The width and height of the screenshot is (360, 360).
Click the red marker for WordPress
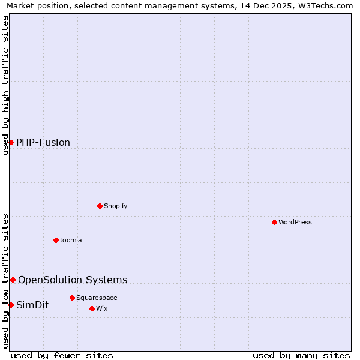274,222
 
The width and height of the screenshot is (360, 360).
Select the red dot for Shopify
100,206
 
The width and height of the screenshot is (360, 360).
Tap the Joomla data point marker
56,240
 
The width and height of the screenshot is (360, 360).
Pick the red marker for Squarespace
72,298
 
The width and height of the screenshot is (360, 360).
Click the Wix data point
92,308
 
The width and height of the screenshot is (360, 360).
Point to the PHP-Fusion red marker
11,142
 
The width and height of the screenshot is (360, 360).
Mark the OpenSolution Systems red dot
13,280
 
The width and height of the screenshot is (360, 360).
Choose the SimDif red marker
11,305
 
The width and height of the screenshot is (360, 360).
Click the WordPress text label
295,222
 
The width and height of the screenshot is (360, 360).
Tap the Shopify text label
115,206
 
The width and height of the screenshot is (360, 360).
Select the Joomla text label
71,240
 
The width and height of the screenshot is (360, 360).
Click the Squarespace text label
97,298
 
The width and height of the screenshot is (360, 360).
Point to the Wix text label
101,308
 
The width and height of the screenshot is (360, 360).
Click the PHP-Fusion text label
43,142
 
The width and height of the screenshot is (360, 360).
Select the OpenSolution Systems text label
73,280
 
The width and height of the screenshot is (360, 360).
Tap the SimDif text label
32,305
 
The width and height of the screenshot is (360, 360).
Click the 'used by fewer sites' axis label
62,355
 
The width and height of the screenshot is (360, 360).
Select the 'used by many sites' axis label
301,355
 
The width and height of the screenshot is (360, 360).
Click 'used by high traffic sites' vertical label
5,85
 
